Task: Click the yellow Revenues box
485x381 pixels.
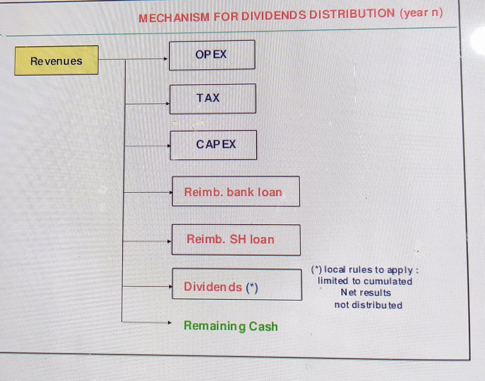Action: click(x=57, y=61)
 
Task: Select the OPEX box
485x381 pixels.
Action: click(x=212, y=55)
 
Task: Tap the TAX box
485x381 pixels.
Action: click(x=213, y=99)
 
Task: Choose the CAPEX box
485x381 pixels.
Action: click(x=213, y=145)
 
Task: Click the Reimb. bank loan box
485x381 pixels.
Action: click(x=236, y=192)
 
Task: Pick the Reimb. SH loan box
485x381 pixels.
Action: click(x=236, y=240)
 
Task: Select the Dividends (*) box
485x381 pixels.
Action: click(x=237, y=284)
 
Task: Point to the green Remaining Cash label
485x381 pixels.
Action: click(x=231, y=326)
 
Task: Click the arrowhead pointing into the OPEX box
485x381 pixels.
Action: click(x=165, y=59)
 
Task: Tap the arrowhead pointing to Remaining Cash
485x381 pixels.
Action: click(x=169, y=322)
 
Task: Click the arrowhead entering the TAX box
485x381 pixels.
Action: click(x=168, y=103)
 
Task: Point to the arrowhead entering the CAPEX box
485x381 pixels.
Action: click(x=169, y=146)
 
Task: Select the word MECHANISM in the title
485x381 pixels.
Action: click(x=174, y=18)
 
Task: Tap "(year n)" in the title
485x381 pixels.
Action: click(x=421, y=13)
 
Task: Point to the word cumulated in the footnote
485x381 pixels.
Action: click(x=388, y=281)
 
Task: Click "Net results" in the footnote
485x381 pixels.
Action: click(x=366, y=293)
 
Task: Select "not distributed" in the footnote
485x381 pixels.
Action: click(x=368, y=305)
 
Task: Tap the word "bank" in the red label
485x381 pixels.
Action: click(x=240, y=192)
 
